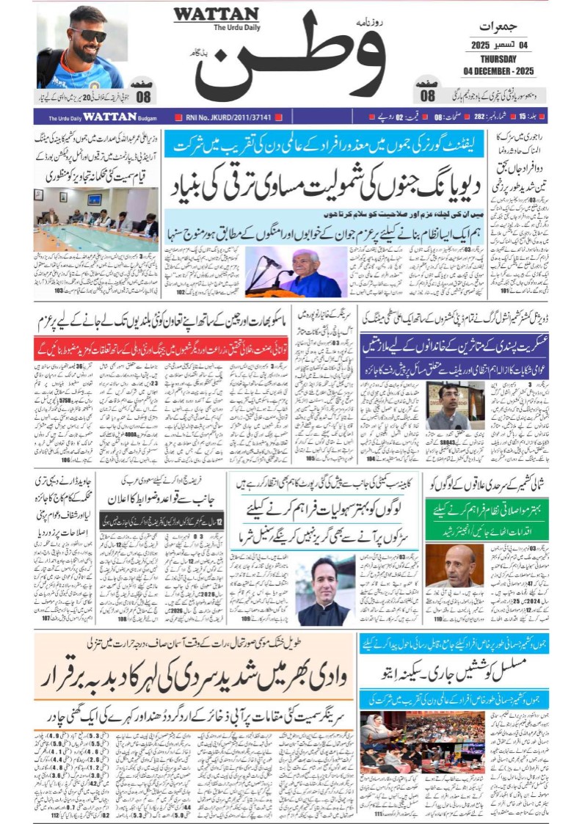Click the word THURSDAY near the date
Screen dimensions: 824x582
tap(499, 59)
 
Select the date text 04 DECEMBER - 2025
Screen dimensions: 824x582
tap(499, 70)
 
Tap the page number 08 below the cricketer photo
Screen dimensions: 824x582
tap(143, 96)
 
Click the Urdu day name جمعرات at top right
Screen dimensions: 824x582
tap(500, 26)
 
